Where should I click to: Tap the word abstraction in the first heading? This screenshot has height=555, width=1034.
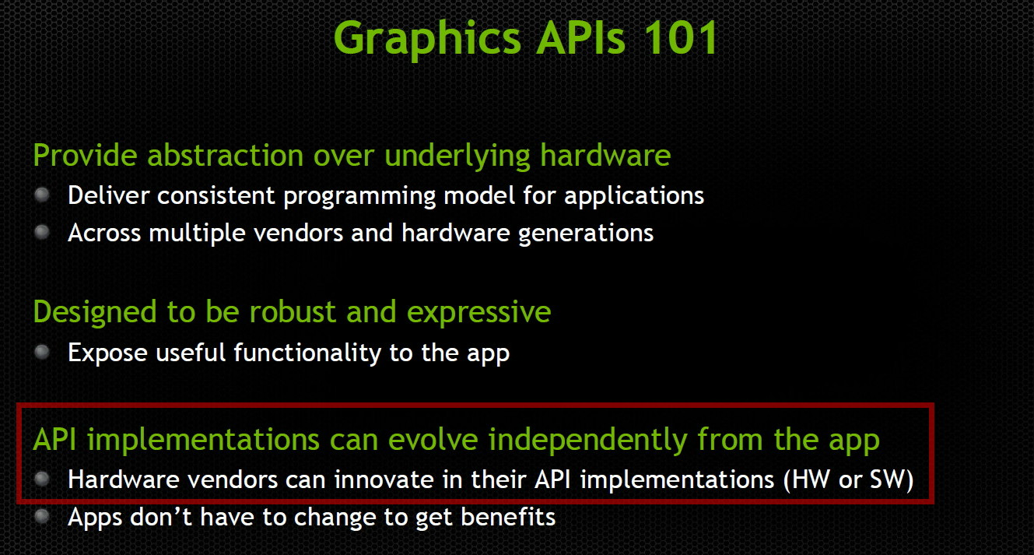[x=226, y=155]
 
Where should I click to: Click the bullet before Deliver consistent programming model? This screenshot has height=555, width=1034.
[x=42, y=195]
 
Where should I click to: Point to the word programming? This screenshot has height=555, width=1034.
[x=359, y=197]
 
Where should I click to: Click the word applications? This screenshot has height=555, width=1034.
[x=634, y=197]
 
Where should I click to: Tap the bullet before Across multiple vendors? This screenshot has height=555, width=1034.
[x=42, y=232]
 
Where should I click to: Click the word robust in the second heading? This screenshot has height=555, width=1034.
[x=293, y=311]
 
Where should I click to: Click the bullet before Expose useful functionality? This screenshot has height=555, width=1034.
[x=42, y=353]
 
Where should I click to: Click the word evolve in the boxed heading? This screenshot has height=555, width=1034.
[x=433, y=439]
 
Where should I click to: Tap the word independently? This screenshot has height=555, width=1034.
[x=587, y=441]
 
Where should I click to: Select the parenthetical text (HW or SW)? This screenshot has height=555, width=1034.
[x=848, y=480]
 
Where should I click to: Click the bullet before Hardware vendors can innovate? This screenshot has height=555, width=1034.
[x=42, y=479]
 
